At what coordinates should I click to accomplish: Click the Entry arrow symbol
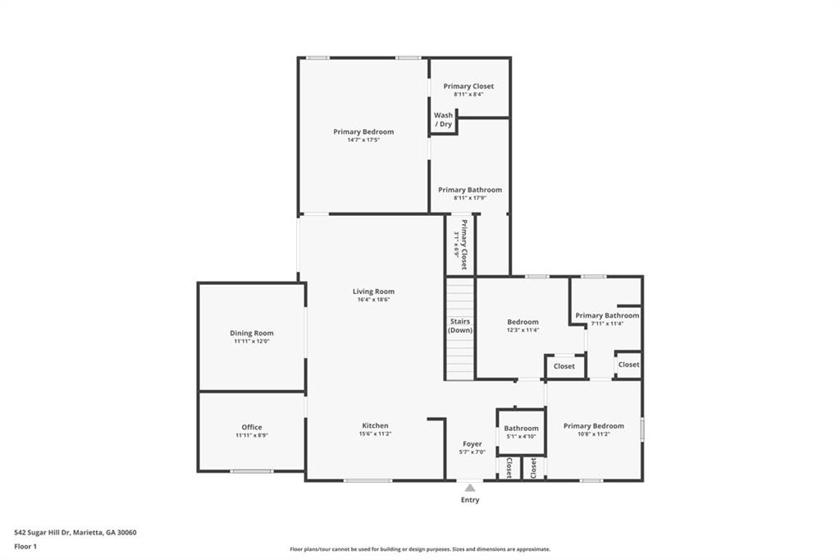(x=470, y=488)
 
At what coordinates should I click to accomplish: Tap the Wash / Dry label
(x=443, y=120)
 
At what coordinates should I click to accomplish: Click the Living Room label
(x=373, y=291)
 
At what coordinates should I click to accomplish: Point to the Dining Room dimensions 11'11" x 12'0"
(x=251, y=341)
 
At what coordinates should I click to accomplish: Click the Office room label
(x=252, y=427)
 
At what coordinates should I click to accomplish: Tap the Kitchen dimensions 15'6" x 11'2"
(x=375, y=434)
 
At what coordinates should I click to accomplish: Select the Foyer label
(x=472, y=443)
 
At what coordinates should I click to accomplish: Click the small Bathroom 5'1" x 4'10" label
(x=521, y=428)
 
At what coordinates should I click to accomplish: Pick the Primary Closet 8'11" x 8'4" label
(x=468, y=86)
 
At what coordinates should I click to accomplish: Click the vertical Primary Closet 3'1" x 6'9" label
(x=463, y=244)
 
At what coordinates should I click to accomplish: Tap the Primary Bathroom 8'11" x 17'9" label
(x=469, y=190)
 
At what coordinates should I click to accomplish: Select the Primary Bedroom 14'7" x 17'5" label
(x=363, y=131)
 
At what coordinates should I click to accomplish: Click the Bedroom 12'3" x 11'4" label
(x=523, y=322)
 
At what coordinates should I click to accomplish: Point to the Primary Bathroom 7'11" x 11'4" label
(x=606, y=315)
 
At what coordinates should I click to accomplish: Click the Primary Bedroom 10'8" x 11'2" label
(x=593, y=426)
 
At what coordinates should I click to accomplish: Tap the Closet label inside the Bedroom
(x=564, y=366)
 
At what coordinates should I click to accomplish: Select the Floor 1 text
(x=25, y=545)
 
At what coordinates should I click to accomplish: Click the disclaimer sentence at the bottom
(x=419, y=549)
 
